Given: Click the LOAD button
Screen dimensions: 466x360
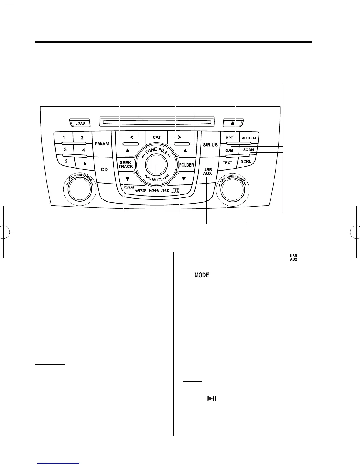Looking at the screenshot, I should (x=80, y=123).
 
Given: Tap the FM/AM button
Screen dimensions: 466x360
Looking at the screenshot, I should (x=102, y=144).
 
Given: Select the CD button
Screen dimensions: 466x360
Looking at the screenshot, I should (x=104, y=169).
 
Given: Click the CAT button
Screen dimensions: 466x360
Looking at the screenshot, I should (x=157, y=137).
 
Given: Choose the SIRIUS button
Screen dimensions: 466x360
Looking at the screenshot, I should (x=210, y=144).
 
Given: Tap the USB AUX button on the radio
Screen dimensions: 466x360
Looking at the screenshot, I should (x=207, y=172).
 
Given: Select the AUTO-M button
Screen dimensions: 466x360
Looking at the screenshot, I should (x=249, y=138).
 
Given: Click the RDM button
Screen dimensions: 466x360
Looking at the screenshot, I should (x=229, y=150).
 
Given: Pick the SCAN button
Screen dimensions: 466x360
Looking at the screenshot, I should (x=249, y=150).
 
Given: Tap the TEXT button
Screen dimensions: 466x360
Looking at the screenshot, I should (x=227, y=163).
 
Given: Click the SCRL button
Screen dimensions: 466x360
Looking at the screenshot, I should (x=246, y=162).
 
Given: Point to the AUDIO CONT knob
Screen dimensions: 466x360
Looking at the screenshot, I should (x=233, y=190).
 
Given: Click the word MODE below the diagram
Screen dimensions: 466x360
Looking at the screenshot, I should (x=201, y=275).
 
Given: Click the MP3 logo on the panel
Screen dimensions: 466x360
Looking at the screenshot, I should (x=140, y=191).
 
